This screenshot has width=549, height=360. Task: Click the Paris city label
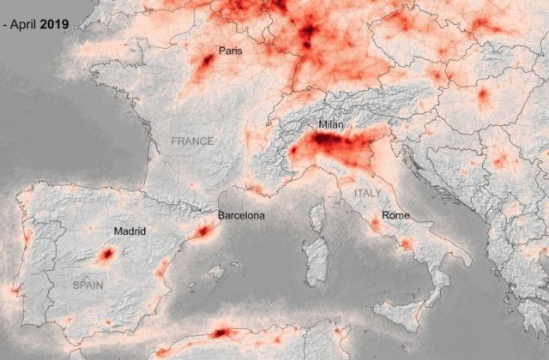tap(230, 51)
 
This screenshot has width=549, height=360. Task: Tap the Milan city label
tap(331, 125)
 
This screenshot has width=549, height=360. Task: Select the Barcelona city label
tap(241, 215)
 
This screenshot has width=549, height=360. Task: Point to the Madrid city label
tap(129, 231)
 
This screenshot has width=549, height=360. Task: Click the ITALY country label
tap(367, 194)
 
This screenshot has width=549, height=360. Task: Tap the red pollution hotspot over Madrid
tap(108, 254)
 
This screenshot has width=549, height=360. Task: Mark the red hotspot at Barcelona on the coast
tap(204, 230)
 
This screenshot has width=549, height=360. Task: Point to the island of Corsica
tap(317, 214)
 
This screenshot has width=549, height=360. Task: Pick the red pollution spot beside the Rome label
tap(376, 225)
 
